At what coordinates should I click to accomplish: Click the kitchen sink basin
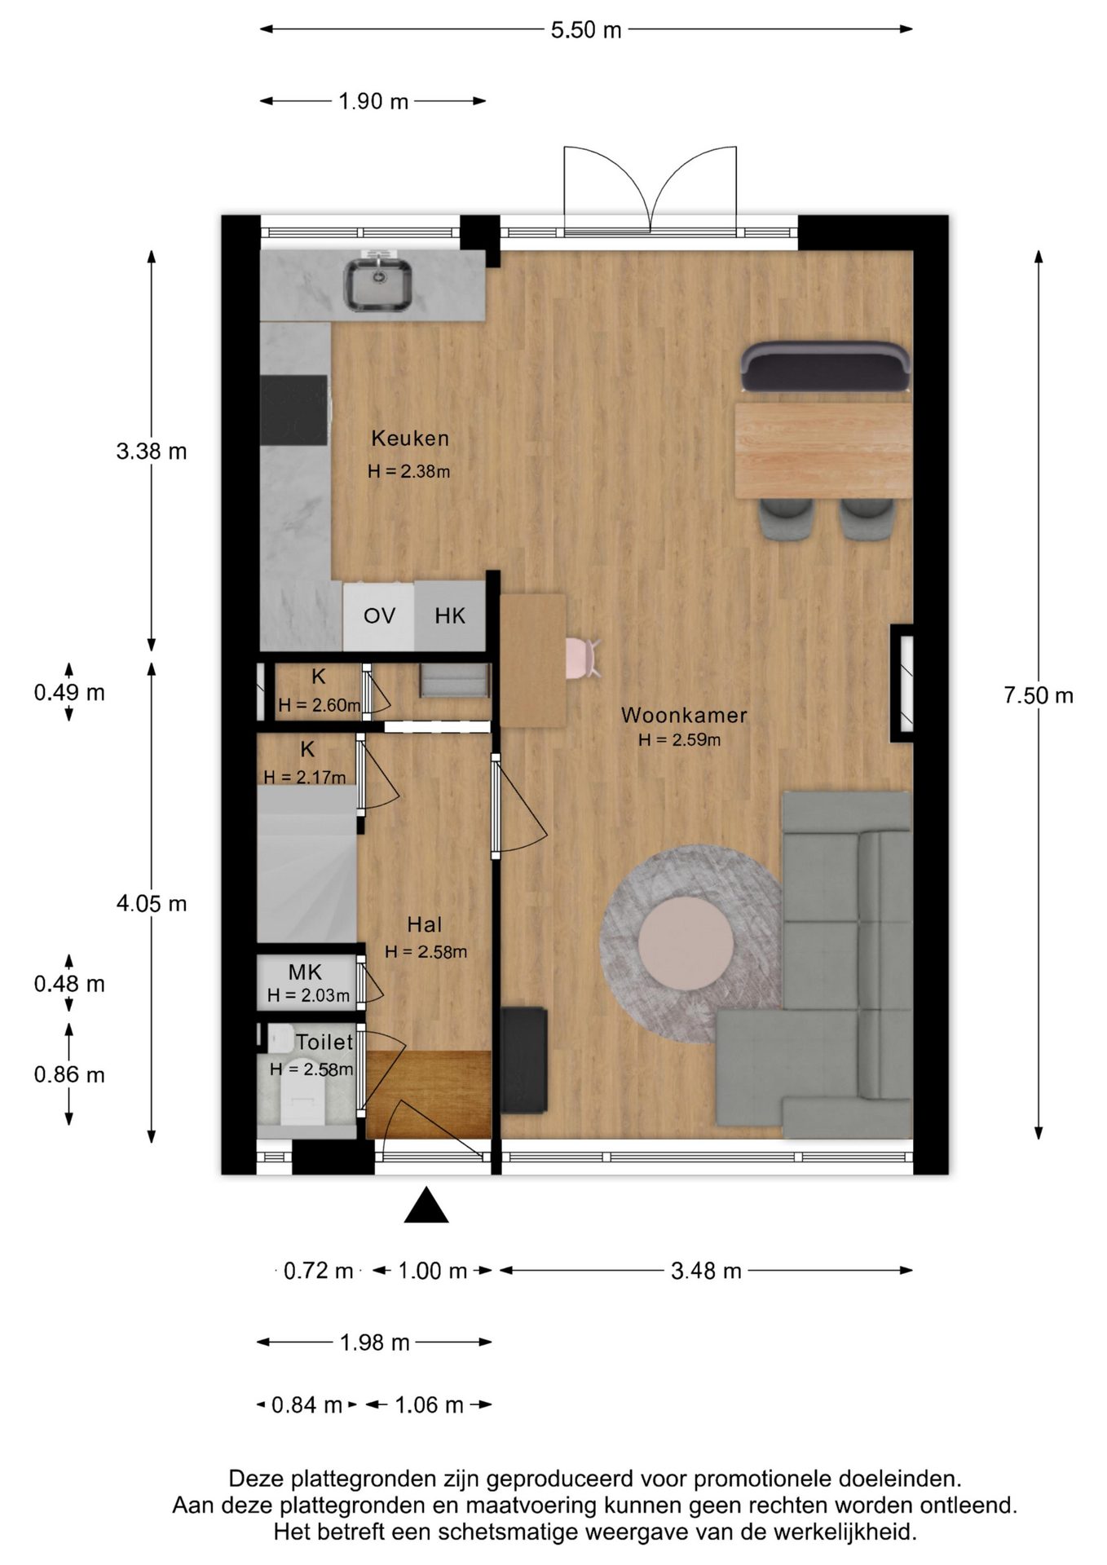click(377, 284)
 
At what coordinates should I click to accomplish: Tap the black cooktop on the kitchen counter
click(294, 410)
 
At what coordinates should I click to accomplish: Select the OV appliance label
click(379, 615)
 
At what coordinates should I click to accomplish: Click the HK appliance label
click(450, 615)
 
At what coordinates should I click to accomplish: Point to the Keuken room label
click(410, 439)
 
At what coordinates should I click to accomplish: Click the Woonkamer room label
click(684, 716)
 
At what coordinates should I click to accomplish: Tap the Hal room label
click(425, 924)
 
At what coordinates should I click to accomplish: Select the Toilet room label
click(324, 1042)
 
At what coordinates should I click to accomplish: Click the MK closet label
click(305, 972)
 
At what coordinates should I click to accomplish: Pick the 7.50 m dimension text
click(1039, 695)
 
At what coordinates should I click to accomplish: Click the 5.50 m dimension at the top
click(586, 30)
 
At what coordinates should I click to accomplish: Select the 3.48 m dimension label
click(706, 1271)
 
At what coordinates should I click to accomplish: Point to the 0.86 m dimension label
click(69, 1074)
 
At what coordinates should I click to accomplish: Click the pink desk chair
click(583, 659)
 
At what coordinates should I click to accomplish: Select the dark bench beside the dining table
click(825, 366)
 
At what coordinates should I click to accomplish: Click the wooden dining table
click(823, 450)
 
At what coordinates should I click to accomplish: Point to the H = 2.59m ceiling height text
click(680, 740)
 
